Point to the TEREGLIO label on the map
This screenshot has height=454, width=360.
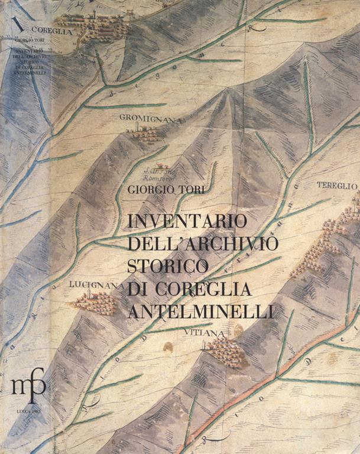point(338,186)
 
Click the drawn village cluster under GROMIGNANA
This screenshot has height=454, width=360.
point(144,134)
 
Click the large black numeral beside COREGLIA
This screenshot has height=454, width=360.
point(22,26)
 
